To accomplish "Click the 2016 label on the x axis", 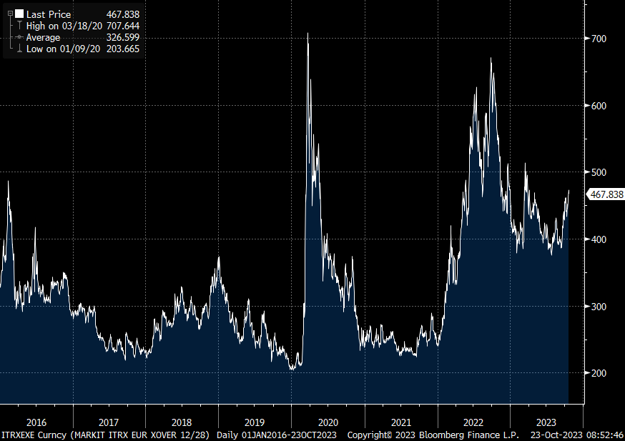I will [36, 422].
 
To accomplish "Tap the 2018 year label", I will [182, 422].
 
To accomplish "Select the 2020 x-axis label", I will [328, 422].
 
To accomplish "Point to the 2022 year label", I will [473, 422].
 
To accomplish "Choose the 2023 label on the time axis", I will [546, 422].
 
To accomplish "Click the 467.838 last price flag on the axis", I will [606, 194].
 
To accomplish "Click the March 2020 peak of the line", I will [307, 34].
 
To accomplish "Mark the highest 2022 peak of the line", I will [491, 59].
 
